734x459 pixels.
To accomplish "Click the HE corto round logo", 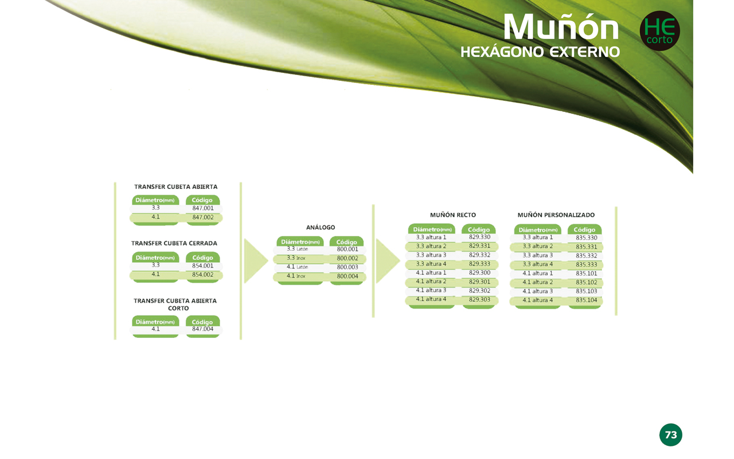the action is [659, 31].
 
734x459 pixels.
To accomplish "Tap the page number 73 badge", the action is [671, 435].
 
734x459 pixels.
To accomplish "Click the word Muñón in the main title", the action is [561, 27].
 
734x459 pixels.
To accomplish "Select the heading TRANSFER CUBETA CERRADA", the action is [174, 243].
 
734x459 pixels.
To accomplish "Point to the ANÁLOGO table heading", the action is [321, 227].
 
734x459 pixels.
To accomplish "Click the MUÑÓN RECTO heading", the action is [453, 215].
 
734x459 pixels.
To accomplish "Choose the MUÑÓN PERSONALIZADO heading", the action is [556, 215].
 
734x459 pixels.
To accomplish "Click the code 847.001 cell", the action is [203, 208].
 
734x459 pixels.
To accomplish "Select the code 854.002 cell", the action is [203, 275].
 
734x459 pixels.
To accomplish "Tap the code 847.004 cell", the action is [203, 329].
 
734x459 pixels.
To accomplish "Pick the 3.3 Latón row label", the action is [297, 249].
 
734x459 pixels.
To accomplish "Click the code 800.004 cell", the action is [348, 277].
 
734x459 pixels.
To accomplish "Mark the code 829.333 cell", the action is [479, 264].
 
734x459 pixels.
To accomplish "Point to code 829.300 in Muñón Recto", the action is [479, 273].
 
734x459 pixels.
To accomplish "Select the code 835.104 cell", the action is [586, 300].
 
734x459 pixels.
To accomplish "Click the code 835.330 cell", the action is [586, 238].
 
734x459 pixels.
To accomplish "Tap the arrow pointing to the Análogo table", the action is [256, 261].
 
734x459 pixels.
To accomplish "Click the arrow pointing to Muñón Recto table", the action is [388, 261].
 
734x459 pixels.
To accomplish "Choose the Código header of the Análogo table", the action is [347, 242].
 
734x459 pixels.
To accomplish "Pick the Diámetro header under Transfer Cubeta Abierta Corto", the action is [155, 322].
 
